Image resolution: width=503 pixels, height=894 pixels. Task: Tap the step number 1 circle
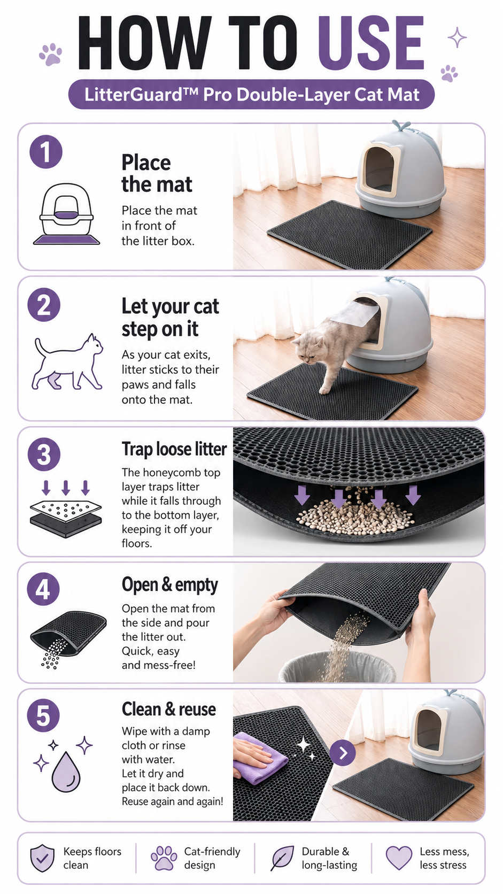pos(46,152)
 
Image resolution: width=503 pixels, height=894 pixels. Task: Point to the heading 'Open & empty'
pos(170,585)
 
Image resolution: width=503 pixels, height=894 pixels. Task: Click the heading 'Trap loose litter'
pos(174,449)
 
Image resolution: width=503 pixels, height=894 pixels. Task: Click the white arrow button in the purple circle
pos(342,753)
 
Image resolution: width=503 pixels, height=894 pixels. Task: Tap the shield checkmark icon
pos(42,858)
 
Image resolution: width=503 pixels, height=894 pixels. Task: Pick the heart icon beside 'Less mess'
pos(399,858)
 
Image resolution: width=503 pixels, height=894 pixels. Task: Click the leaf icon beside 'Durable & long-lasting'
pos(282,858)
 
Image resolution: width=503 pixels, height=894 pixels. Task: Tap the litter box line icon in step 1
pos(67,214)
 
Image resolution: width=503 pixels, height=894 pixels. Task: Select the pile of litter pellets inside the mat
pos(354,515)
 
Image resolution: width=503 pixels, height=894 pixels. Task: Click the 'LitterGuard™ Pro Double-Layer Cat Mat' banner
pos(251,95)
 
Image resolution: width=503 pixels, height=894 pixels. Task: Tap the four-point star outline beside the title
pos(457,37)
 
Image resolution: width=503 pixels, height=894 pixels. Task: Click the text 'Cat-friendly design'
pos(212,858)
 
